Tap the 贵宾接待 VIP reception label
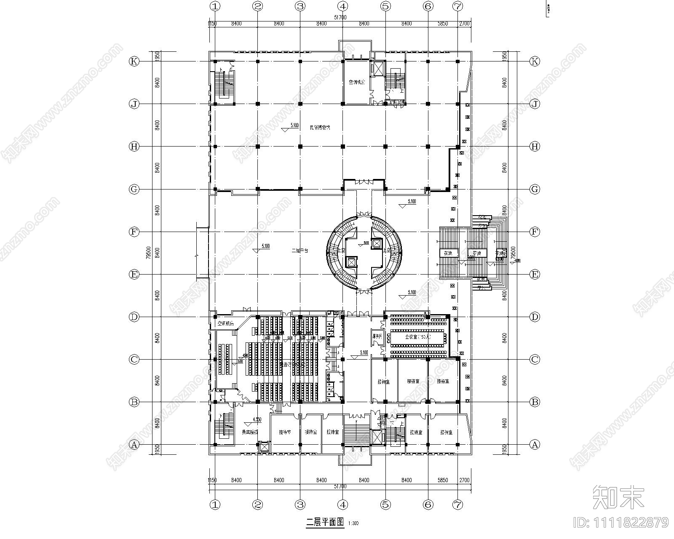pyautogui.click(x=249, y=432)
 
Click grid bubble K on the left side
pyautogui.click(x=134, y=61)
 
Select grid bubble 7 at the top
pyautogui.click(x=457, y=6)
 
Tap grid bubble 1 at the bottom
pyautogui.click(x=215, y=504)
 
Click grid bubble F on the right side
pyautogui.click(x=534, y=232)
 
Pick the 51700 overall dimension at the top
pyautogui.click(x=340, y=17)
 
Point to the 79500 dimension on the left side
pyautogui.click(x=148, y=253)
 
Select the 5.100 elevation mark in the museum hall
pyautogui.click(x=294, y=125)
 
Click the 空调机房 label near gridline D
pyautogui.click(x=225, y=324)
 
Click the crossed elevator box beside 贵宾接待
pyautogui.click(x=265, y=447)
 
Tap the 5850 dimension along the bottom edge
pyautogui.click(x=442, y=480)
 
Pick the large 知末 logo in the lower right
pyautogui.click(x=618, y=497)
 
